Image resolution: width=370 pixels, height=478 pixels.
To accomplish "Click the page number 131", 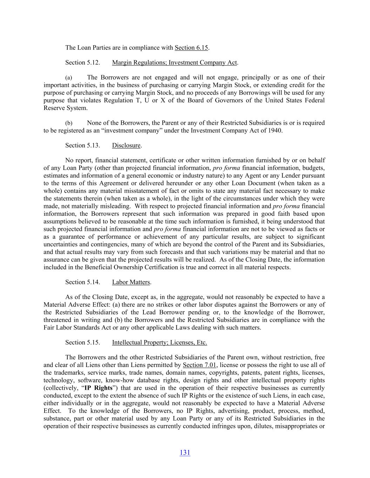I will [185, 452].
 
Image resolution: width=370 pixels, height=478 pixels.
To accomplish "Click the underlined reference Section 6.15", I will [191, 48].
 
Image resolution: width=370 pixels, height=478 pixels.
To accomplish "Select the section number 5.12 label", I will [82, 63].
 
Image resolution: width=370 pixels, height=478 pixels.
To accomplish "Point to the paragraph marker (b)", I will [69, 123].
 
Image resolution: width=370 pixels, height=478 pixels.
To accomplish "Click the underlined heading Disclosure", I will [126, 145].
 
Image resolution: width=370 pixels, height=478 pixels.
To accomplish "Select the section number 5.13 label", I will [82, 145].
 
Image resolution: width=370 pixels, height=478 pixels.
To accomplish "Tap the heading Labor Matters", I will [131, 282].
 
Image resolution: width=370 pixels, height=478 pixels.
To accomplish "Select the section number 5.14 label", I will [82, 282].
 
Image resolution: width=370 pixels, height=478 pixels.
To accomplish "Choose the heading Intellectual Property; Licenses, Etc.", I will [159, 342].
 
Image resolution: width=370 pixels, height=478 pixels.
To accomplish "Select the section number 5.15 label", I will [82, 342].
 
